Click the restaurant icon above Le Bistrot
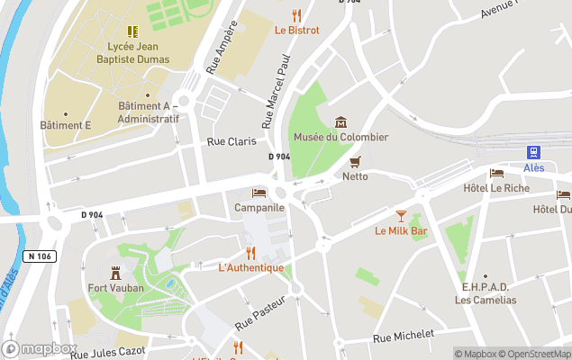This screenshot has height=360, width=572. [296, 15]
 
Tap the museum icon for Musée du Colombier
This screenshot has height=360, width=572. [340, 122]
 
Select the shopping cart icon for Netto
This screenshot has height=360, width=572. [355, 162]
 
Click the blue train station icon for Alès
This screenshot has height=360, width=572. [534, 152]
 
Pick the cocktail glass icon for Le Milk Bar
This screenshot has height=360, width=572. [401, 216]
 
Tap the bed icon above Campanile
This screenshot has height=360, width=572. [259, 193]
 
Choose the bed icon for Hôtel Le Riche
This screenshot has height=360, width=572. [496, 174]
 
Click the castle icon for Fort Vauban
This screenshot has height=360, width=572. [115, 273]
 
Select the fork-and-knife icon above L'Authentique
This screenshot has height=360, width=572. [251, 253]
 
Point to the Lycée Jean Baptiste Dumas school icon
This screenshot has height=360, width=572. [133, 31]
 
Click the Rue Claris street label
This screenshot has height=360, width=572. [232, 141]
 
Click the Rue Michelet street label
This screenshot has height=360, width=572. [404, 336]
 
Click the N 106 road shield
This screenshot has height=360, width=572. [39, 256]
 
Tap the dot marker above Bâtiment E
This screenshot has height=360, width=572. [66, 112]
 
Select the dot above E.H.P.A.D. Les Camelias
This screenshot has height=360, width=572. [486, 276]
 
